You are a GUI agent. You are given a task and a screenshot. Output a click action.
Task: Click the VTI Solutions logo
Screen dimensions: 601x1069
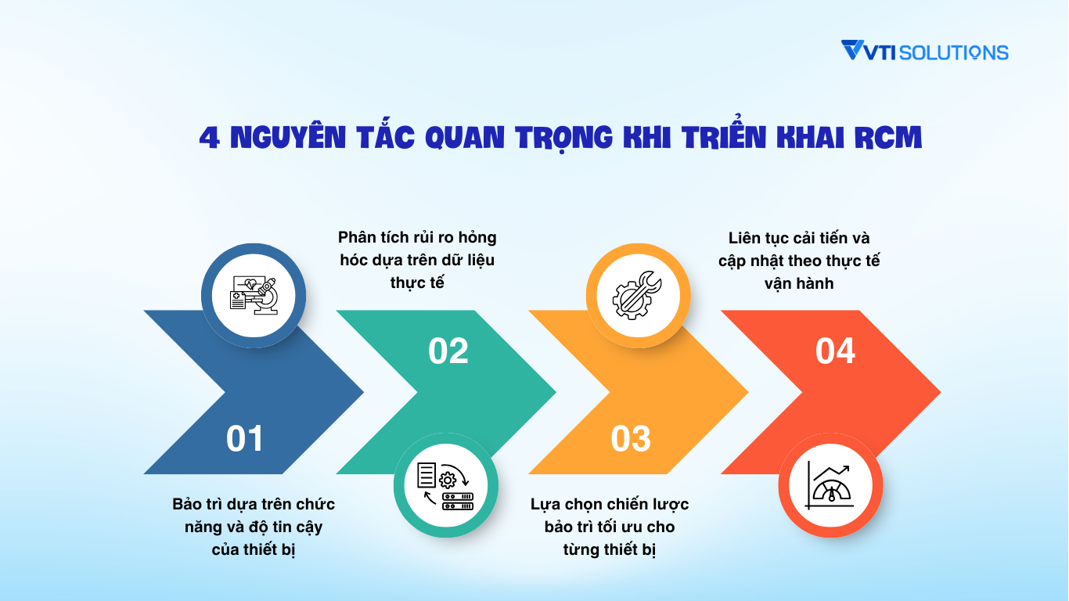[x=924, y=52]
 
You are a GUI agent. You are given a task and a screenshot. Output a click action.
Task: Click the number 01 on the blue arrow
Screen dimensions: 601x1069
[x=245, y=439]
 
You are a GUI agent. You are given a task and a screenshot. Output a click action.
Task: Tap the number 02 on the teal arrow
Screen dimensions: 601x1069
[x=448, y=351]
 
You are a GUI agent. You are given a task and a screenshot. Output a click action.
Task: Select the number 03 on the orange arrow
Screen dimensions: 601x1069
[x=631, y=439]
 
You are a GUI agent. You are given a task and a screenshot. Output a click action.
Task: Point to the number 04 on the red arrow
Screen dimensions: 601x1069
[x=835, y=351]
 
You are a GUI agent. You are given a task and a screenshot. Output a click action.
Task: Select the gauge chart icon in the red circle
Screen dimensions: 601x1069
[x=830, y=485]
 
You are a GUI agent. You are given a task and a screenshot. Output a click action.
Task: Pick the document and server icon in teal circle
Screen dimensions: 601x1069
[x=445, y=485]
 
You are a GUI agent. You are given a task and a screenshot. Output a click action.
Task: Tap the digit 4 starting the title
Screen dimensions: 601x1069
[x=208, y=138]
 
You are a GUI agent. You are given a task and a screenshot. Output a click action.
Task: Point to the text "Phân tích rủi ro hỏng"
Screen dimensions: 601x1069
[x=417, y=237]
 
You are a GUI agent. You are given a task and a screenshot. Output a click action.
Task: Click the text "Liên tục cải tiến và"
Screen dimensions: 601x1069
[x=798, y=237]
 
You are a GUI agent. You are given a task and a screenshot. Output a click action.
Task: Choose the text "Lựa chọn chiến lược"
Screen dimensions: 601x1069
[x=609, y=504]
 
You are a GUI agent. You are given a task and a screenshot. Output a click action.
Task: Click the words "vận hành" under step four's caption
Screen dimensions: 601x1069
[x=798, y=283]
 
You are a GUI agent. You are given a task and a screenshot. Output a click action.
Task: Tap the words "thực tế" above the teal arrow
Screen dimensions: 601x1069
[x=417, y=283]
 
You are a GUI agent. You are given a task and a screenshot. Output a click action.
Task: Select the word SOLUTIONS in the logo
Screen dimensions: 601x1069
[x=954, y=52]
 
